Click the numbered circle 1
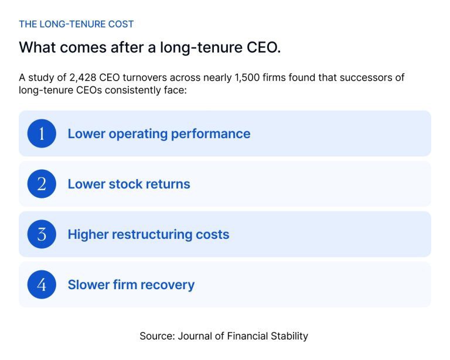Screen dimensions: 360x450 tap(42, 133)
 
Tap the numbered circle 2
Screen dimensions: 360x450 tap(42, 184)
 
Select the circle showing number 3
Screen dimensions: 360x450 tap(42, 234)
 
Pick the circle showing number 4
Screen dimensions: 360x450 tap(42, 284)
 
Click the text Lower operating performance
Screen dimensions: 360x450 tap(159, 133)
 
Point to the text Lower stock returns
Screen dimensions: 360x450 tap(129, 184)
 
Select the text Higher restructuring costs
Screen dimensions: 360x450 tap(148, 234)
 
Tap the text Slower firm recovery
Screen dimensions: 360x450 tap(131, 284)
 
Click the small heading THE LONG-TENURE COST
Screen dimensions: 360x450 tap(76, 24)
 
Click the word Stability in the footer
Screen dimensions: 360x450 tap(288, 336)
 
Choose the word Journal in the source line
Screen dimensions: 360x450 tap(197, 336)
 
